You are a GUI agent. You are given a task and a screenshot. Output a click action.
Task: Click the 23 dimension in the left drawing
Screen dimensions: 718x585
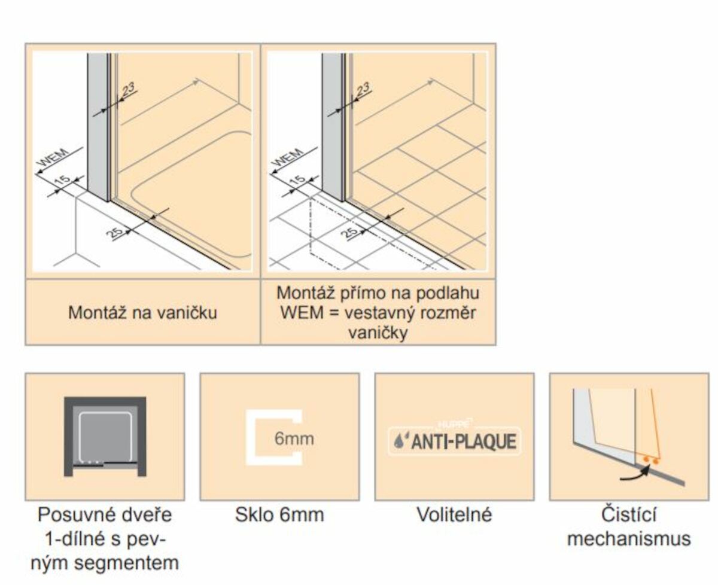[x=128, y=89]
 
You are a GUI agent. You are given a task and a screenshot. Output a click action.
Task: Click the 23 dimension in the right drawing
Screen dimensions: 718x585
[x=363, y=89]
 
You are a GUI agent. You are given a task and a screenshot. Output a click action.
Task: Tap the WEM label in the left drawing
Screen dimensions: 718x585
[x=53, y=157]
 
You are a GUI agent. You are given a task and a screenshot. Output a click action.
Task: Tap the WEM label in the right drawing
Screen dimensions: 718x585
[x=288, y=157]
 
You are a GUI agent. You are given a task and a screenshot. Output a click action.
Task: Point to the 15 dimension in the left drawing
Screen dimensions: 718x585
[x=62, y=180]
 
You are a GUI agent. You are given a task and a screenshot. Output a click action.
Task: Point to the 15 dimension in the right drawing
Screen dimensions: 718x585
[x=297, y=180]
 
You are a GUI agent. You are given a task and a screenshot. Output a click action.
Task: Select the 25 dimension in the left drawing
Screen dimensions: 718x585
[x=115, y=233]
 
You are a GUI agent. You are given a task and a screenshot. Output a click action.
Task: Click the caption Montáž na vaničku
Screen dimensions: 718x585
[x=142, y=313]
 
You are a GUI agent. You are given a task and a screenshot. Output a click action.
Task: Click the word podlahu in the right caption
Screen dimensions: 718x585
[x=447, y=293]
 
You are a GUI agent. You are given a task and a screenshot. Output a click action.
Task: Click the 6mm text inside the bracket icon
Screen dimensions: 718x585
[x=294, y=438]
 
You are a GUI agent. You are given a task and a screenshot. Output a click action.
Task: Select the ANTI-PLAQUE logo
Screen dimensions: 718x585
[x=454, y=441]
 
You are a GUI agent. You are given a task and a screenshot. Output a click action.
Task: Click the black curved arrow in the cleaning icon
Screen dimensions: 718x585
[x=635, y=473]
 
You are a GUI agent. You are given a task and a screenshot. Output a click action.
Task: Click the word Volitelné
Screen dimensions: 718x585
[x=454, y=514]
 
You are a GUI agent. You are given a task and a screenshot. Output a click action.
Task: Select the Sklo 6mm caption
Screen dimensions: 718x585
[x=279, y=514]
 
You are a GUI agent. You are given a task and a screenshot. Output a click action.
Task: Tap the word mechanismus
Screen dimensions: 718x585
[x=629, y=538]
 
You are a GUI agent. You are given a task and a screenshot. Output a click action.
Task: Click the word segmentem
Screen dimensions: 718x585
[x=126, y=563]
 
